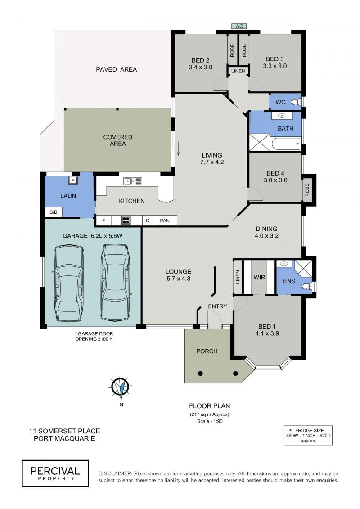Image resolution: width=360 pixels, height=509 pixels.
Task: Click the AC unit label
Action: pos(239,26)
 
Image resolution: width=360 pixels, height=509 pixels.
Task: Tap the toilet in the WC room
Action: pos(295,102)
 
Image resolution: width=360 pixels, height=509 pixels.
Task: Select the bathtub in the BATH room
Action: pos(286,144)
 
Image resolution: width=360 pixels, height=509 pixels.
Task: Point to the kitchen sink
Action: pos(132,181)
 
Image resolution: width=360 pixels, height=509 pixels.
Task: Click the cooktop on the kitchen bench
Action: pos(126,221)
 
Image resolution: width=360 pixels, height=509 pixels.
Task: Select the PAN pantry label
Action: pos(165,221)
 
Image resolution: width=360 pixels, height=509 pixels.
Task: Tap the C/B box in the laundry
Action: pos(53,212)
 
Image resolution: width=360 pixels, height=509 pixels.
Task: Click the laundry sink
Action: pos(73,180)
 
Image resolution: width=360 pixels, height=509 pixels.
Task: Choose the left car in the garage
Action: pos(69,284)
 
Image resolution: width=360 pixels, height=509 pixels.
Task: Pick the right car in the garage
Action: pos(115,283)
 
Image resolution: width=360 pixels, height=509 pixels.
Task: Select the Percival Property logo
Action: pos(55,473)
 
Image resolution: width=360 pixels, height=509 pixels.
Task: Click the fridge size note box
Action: pos(308,435)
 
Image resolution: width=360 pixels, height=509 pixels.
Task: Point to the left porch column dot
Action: pos(200,373)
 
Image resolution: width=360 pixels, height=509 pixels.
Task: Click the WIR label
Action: pos(259,278)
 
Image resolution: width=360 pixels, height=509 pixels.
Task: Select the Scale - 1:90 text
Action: pos(210,421)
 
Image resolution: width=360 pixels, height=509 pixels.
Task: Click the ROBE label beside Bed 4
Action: pos(307,190)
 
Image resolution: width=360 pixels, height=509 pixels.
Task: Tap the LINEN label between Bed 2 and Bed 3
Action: pos(238,71)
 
